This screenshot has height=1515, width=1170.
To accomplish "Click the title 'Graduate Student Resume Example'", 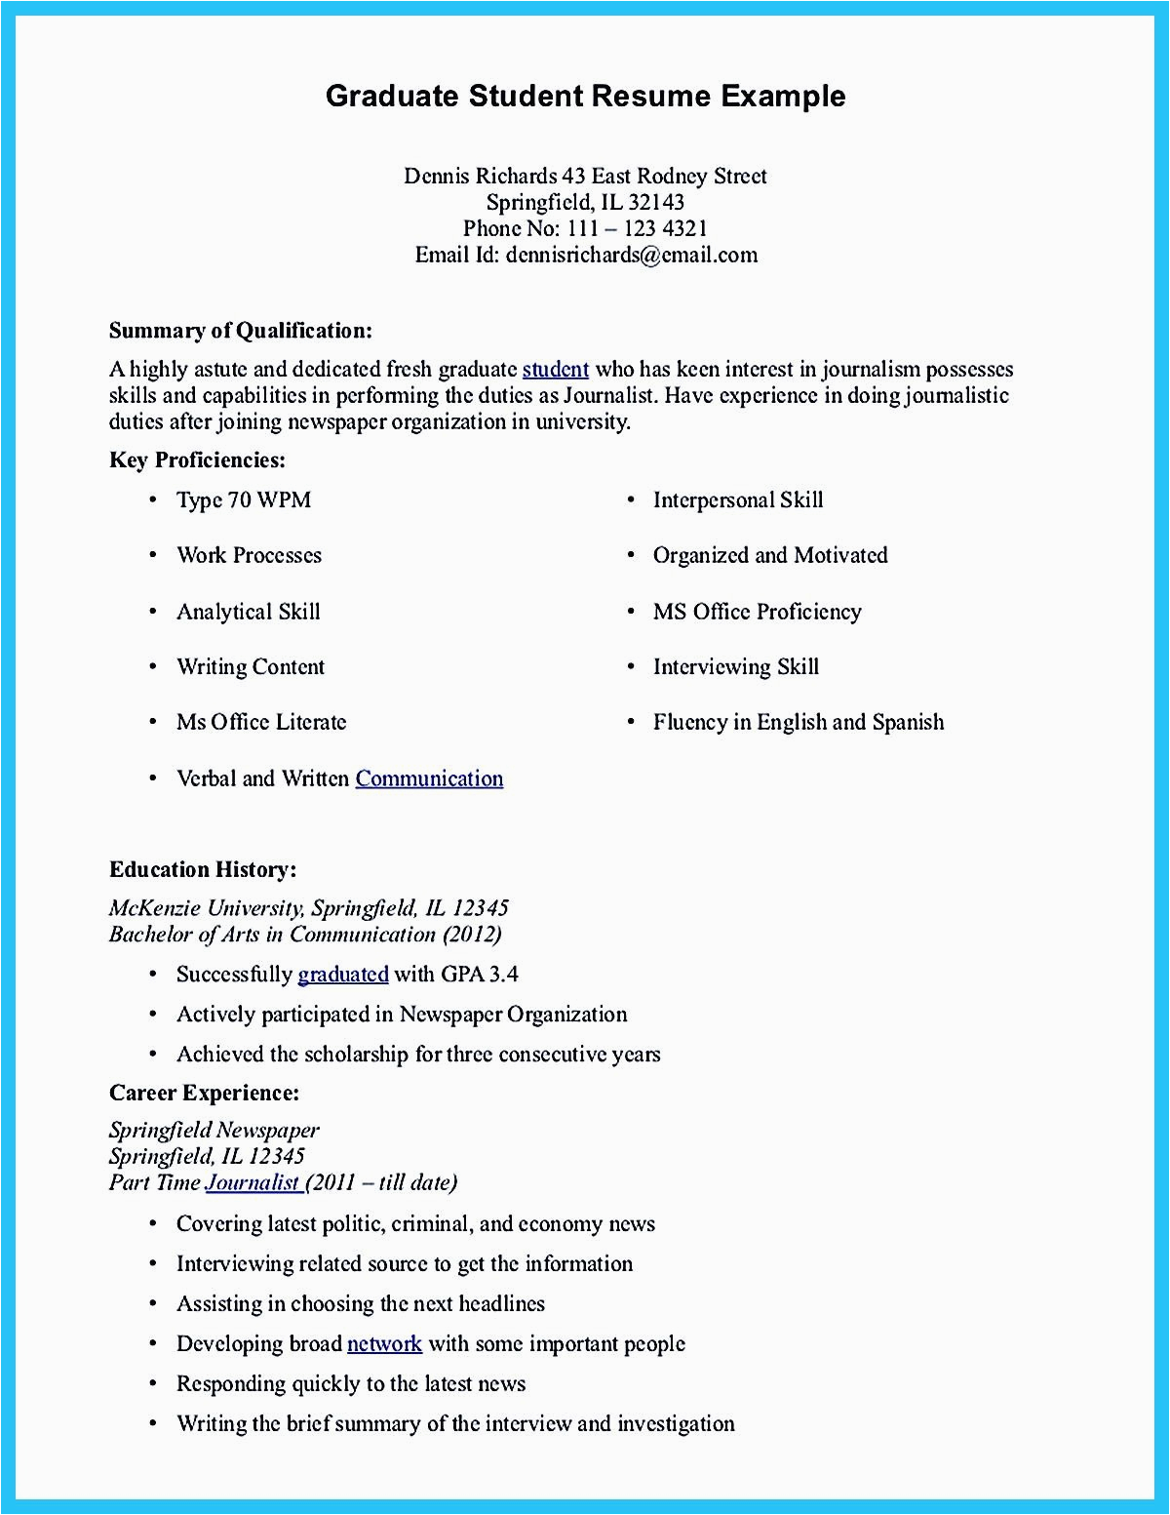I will click(x=585, y=96).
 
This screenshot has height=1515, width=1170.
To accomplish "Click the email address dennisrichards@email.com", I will click(x=631, y=256).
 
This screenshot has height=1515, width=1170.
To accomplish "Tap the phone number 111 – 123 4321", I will click(x=637, y=229).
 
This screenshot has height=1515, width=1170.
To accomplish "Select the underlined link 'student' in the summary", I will click(x=555, y=370).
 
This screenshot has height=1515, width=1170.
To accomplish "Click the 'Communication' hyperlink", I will click(x=429, y=778).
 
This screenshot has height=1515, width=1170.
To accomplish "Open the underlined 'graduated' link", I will click(x=342, y=975).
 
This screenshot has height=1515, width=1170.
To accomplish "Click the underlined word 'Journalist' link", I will click(x=253, y=1182).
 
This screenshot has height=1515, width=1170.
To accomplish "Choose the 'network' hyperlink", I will click(x=384, y=1344).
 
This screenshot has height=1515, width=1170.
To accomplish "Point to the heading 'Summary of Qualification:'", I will click(x=240, y=331).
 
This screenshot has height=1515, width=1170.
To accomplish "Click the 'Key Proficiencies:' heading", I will click(x=197, y=460).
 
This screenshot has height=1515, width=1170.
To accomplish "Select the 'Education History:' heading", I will click(x=202, y=869).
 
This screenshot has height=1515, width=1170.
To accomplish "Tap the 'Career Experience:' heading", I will click(x=204, y=1093).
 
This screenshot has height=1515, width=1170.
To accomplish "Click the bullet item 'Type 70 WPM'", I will click(x=243, y=500).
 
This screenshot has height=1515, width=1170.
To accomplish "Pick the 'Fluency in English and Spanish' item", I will click(x=798, y=723).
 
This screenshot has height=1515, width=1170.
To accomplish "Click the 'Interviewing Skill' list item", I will click(x=735, y=667).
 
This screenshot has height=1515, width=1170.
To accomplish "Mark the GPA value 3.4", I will click(x=502, y=975).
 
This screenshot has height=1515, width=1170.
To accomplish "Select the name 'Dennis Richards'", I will click(x=480, y=177).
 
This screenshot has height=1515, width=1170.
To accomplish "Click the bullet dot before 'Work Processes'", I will click(x=153, y=556).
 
